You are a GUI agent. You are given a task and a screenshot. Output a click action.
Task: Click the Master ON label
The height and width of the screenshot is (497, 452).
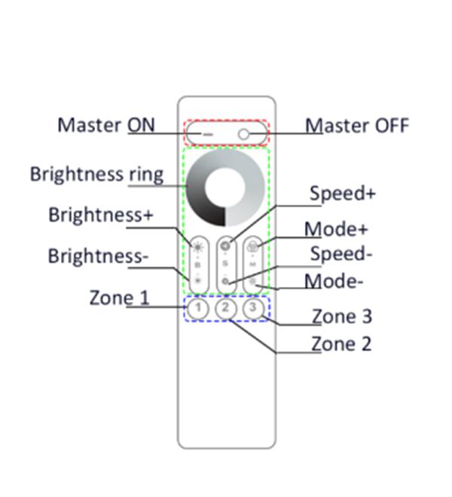click(x=105, y=124)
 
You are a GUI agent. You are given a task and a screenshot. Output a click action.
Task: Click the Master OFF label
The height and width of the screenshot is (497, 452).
click(x=357, y=125)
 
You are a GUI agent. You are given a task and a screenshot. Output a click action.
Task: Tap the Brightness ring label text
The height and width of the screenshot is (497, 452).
click(x=96, y=174)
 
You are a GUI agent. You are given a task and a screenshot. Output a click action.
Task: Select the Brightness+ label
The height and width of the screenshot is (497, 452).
click(x=101, y=215)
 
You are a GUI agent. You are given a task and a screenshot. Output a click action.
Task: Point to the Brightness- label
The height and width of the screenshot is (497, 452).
click(x=98, y=256)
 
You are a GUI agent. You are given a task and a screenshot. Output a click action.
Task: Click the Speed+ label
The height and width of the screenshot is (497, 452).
click(x=343, y=194)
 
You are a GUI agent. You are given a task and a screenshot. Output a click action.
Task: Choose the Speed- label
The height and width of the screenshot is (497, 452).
click(x=341, y=254)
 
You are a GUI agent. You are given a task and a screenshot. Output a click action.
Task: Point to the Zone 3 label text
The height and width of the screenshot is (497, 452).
click(x=342, y=316)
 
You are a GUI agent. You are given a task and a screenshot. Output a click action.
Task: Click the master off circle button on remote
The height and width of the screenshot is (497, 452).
click(x=244, y=134)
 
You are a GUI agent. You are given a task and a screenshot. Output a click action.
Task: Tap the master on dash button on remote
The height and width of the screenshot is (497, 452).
click(x=206, y=134)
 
